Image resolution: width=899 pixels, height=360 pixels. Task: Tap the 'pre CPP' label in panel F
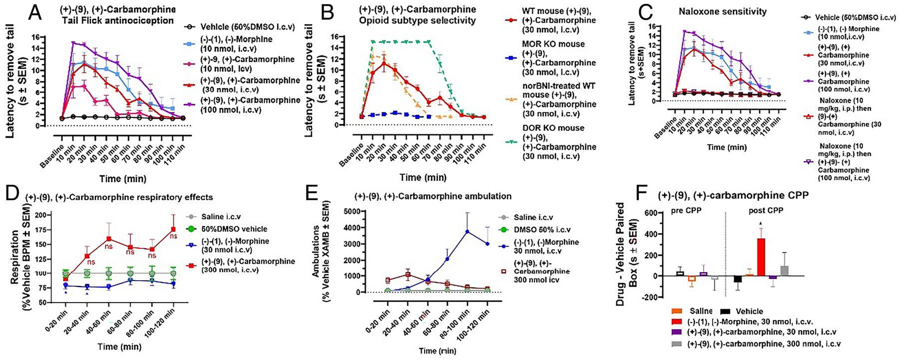(687, 210)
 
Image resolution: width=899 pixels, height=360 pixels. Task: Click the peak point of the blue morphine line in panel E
(466, 231)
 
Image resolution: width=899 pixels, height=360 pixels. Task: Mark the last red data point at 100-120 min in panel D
(173, 229)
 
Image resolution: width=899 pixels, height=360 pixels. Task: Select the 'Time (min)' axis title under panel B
(424, 177)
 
